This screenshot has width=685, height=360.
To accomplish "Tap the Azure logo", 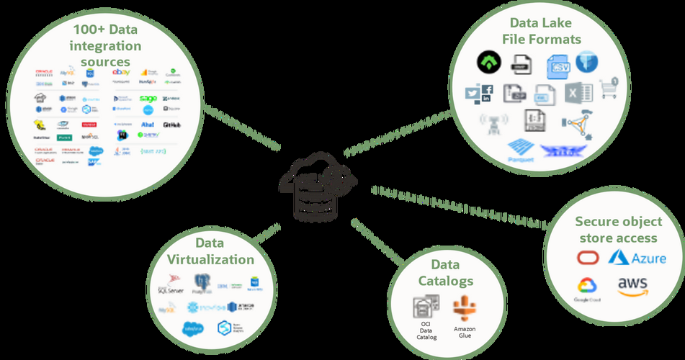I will (637, 258).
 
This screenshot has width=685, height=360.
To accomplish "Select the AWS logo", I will (632, 286).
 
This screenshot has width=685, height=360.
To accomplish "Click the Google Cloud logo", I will (588, 287).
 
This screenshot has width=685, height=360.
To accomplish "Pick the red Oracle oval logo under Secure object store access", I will (588, 258).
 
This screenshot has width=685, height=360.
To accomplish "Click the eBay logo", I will (121, 72).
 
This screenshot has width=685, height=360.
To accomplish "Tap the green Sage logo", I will (148, 99).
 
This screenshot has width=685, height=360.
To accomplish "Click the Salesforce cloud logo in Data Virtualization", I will (192, 328).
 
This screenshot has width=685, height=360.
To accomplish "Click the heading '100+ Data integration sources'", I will (107, 45).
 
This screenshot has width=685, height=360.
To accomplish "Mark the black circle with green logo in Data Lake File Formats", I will (488, 64).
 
